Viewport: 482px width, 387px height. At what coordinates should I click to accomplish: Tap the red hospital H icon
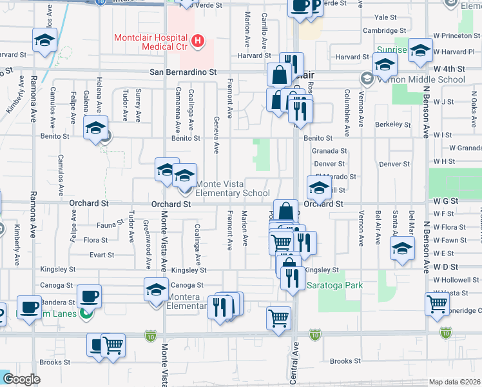coord(198,43)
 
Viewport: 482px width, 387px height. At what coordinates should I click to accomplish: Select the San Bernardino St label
coord(183,73)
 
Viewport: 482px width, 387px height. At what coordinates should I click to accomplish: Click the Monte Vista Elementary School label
coord(232,188)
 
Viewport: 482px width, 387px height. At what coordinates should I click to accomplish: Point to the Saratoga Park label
coord(334,285)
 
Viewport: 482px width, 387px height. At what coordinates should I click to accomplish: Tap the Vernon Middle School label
coord(421,79)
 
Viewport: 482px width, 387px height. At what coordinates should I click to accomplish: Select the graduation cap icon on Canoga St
coord(156,290)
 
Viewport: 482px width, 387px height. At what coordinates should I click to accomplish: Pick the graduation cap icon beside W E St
coord(402,249)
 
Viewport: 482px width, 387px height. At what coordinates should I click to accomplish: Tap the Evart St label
coord(102,255)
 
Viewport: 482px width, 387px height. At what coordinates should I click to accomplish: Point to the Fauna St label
coord(111,224)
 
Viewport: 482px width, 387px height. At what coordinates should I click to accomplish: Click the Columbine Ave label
coord(347,104)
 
